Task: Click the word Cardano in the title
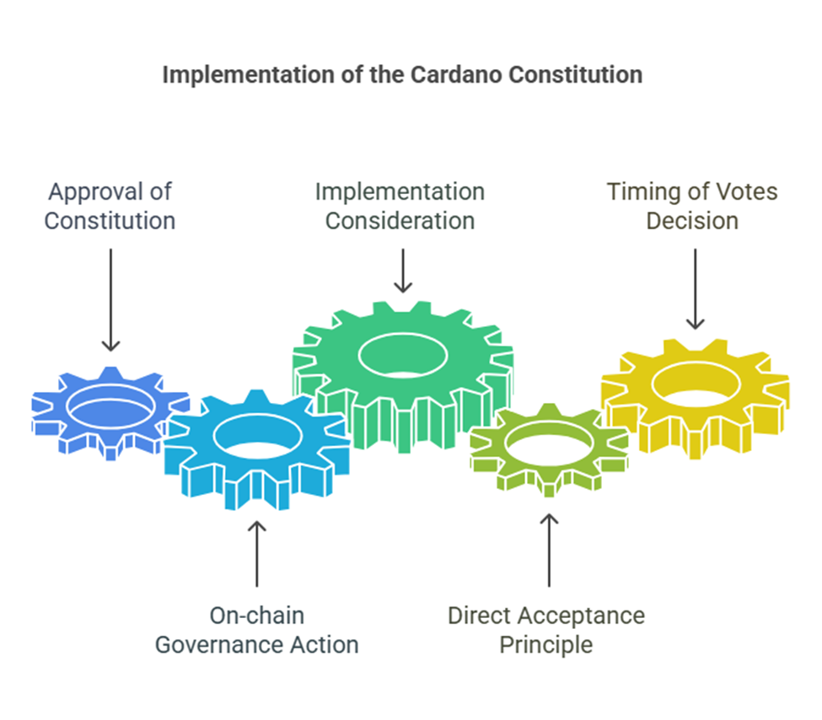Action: (x=455, y=74)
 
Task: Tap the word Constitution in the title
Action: (x=575, y=74)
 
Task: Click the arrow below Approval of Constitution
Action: (x=110, y=300)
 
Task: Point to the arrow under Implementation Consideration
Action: (x=403, y=271)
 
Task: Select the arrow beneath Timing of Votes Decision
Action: (x=696, y=289)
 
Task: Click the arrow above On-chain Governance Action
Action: (x=257, y=554)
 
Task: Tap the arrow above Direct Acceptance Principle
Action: (x=549, y=550)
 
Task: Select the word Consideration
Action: (x=400, y=221)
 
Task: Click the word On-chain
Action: (x=257, y=615)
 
